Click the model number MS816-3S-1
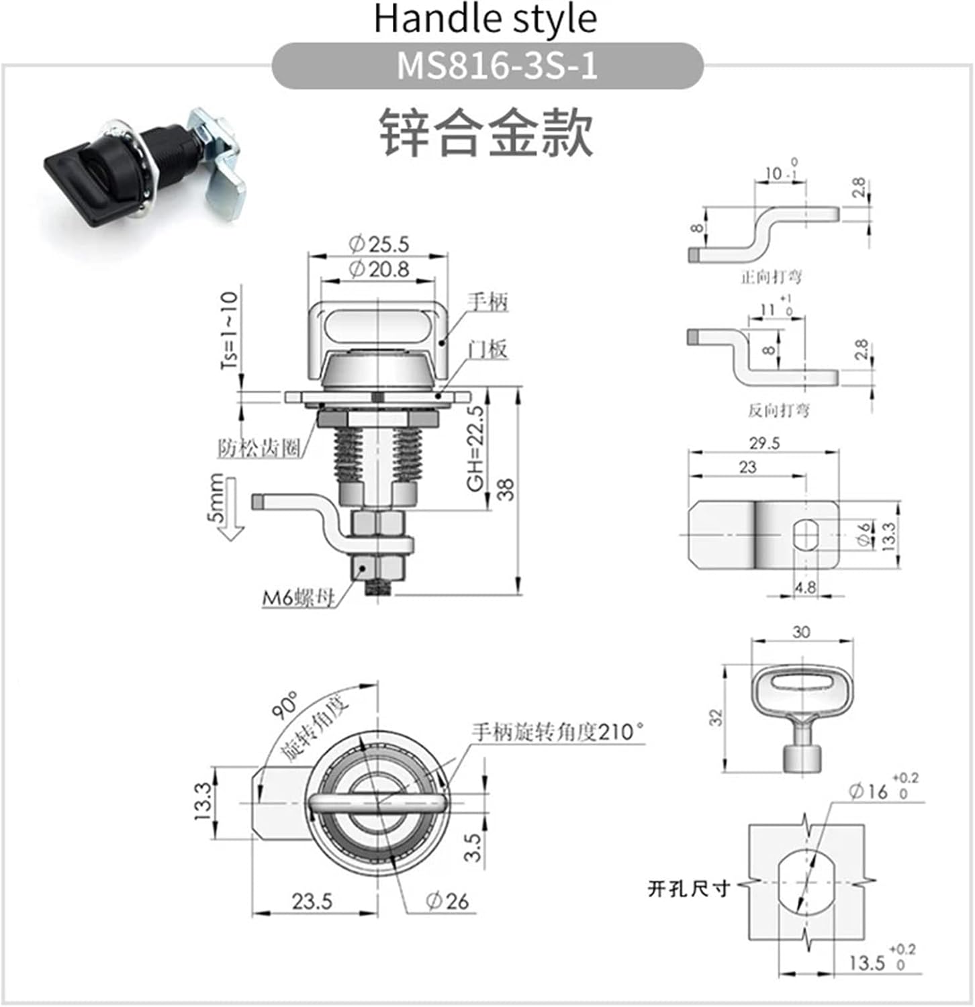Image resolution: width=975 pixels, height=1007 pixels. (496, 66)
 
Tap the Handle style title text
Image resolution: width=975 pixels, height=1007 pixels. (485, 19)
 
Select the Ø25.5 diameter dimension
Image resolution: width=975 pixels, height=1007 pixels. (379, 244)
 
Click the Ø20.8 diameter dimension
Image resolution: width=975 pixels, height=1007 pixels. (379, 269)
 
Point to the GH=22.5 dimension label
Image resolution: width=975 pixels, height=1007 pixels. (475, 448)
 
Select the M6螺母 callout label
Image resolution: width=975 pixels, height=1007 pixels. (297, 597)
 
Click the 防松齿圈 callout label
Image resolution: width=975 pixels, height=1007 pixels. (259, 448)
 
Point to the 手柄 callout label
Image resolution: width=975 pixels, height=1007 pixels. (488, 301)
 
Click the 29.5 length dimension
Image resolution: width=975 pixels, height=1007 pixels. (764, 443)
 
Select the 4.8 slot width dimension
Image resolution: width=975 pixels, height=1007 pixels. (804, 587)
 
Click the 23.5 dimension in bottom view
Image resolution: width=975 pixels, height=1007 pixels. (312, 900)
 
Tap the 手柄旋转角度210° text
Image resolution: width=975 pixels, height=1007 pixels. (557, 731)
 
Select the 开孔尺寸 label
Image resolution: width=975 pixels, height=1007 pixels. (688, 889)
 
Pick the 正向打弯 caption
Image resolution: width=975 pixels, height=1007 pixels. (771, 277)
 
